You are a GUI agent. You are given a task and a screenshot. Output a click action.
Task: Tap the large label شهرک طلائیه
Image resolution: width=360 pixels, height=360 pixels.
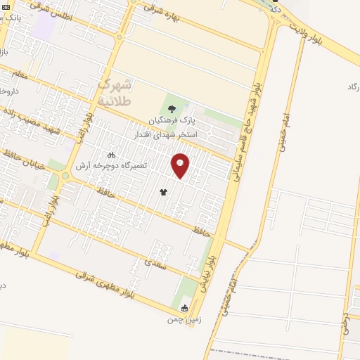point(114,92)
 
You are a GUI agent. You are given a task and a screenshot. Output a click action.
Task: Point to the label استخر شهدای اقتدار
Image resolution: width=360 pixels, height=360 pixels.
point(167,134)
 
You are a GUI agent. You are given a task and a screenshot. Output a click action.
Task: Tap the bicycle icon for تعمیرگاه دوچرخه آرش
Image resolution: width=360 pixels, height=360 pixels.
point(110,154)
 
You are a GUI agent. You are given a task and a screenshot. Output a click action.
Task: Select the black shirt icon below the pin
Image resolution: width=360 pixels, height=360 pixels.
point(164,191)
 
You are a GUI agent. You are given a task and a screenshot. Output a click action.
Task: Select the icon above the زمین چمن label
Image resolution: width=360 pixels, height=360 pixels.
point(185,308)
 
